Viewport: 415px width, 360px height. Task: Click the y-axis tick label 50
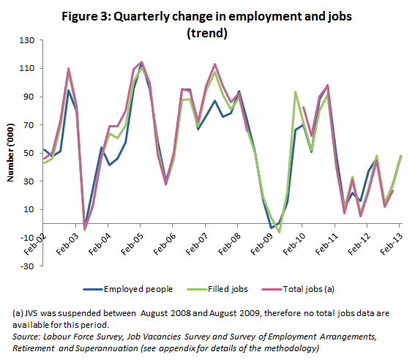tap(28, 153)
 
